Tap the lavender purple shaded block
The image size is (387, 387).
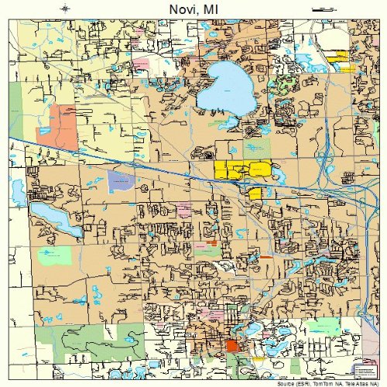[120, 182]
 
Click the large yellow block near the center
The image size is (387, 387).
[242, 169]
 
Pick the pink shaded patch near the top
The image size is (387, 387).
[141, 62]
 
